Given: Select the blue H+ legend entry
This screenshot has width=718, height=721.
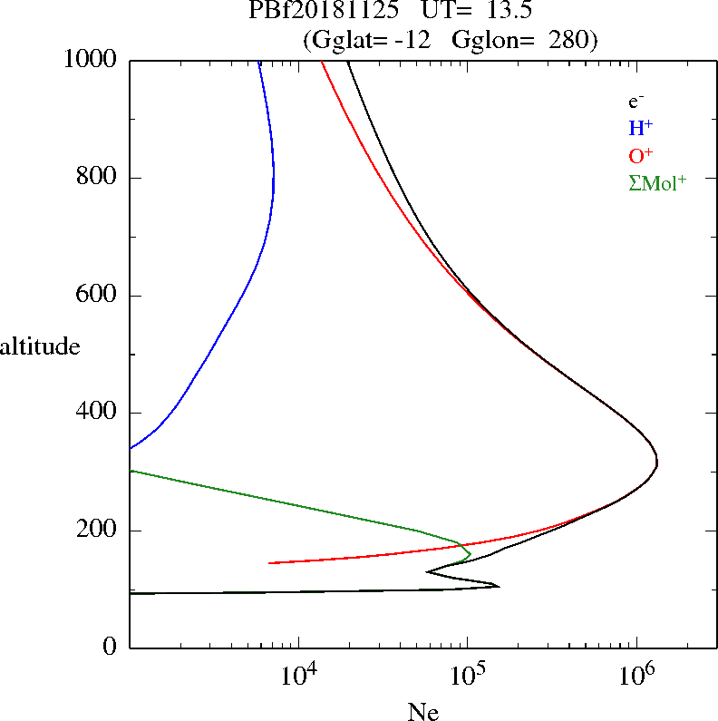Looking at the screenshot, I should [x=640, y=128].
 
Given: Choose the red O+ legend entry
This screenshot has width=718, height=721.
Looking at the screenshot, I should [x=640, y=155].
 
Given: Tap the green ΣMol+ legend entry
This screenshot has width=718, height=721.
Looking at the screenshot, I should [x=657, y=182].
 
